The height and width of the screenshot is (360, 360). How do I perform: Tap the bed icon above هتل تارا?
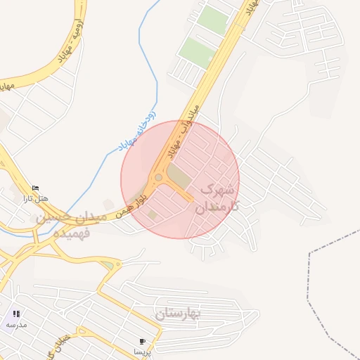(35, 188)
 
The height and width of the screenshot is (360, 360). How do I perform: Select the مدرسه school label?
(16, 324)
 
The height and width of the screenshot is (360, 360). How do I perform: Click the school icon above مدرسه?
(16, 314)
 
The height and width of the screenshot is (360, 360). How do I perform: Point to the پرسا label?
(143, 351)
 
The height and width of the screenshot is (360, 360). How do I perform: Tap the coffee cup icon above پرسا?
(143, 341)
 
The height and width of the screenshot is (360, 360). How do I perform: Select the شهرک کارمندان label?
(219, 198)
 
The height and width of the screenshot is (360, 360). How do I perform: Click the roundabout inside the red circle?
(159, 178)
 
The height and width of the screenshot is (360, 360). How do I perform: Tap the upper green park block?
(212, 19)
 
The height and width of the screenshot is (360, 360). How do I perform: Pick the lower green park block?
(196, 53)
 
